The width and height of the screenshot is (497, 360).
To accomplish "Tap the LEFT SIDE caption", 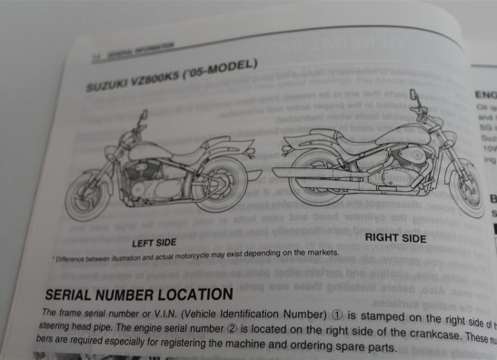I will (153, 243).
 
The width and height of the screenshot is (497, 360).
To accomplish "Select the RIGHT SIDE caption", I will (394, 238).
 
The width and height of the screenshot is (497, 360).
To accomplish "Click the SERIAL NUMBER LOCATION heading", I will (138, 295).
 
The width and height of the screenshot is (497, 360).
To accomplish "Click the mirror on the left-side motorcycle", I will (144, 118).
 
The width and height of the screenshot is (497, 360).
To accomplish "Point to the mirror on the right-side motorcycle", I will (413, 95).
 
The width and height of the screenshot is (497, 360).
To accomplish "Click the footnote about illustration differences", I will (194, 255).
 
